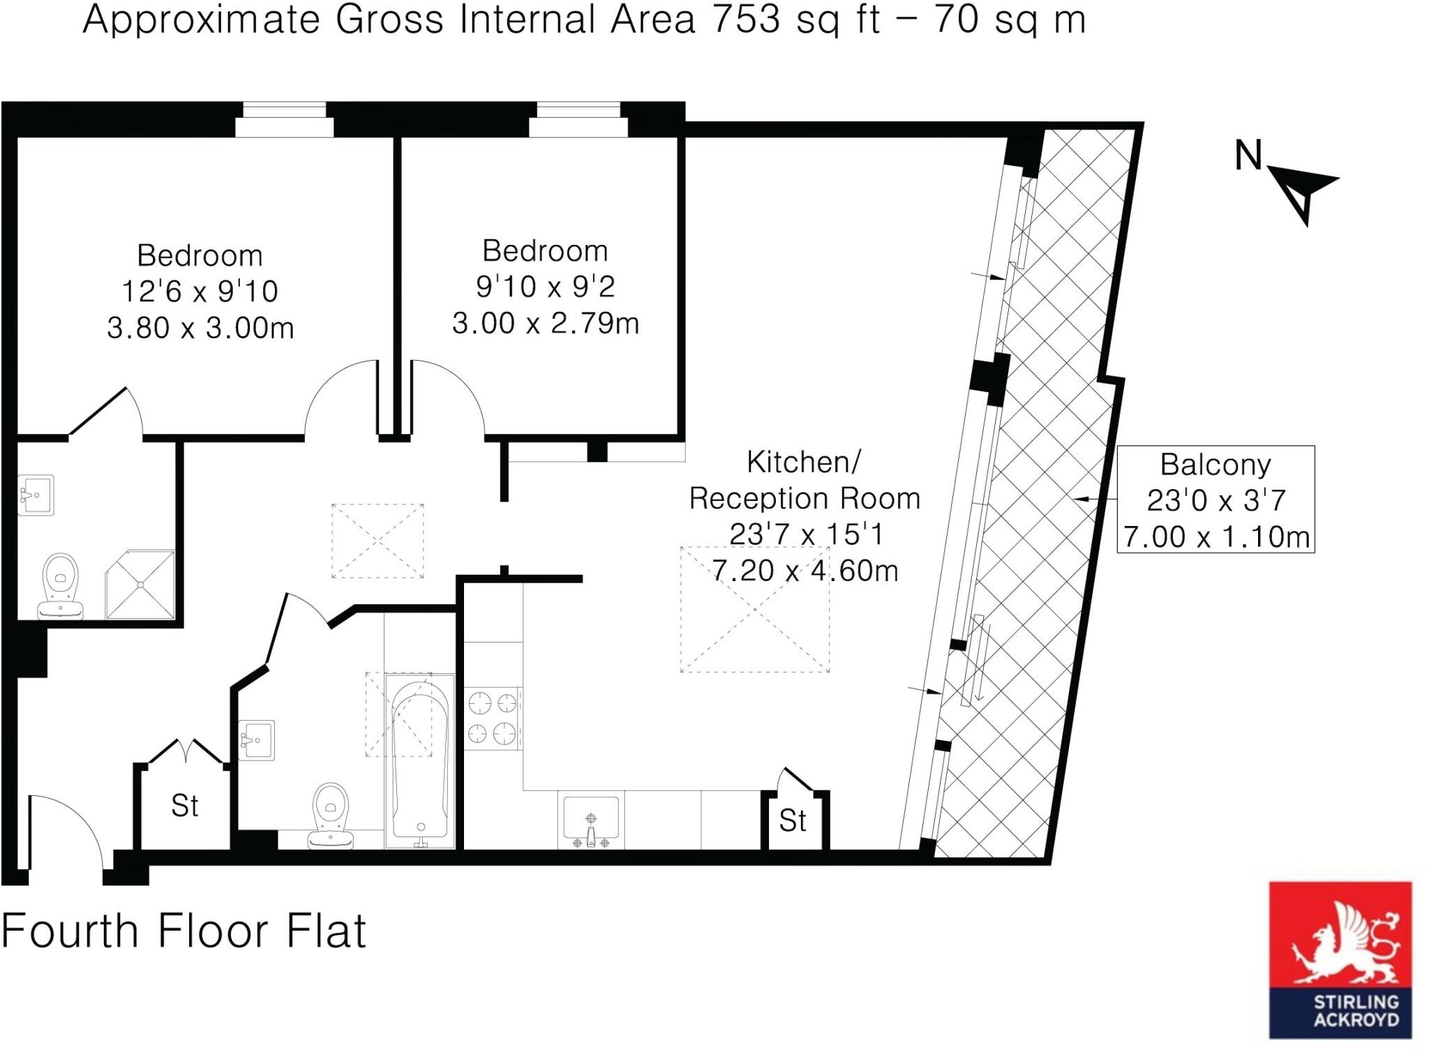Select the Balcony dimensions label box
point(1215,499)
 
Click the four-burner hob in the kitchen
point(493,718)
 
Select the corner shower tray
point(140,585)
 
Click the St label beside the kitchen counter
point(793,821)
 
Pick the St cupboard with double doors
point(185,806)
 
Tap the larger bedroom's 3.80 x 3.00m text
point(200,328)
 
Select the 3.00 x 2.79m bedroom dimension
point(545,323)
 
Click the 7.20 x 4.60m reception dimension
point(804,571)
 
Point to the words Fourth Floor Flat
point(183,931)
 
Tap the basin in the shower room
point(36,495)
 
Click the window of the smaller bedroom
point(578,119)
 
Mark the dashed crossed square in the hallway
point(377,541)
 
